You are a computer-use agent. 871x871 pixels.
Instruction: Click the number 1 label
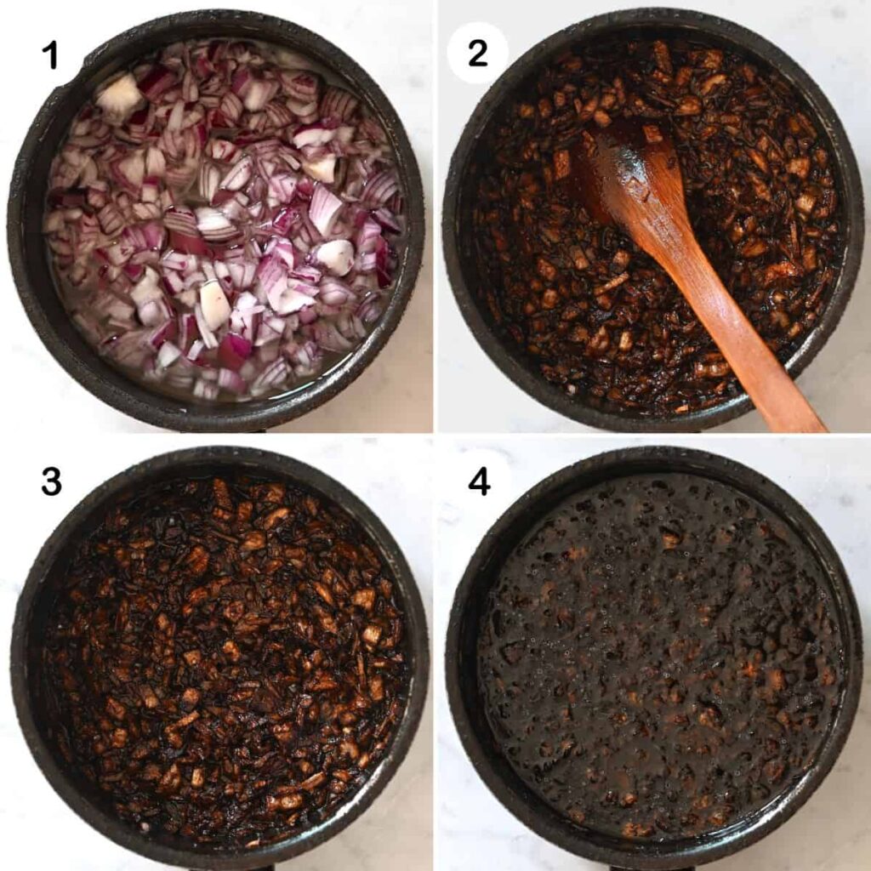coord(50,55)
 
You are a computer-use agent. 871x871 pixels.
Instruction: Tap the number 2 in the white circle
coord(478,54)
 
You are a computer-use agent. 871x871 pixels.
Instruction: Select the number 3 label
coord(51,482)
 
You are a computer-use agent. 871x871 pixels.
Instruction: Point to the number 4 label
coord(479,482)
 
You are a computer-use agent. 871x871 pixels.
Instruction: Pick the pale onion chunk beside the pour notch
coord(119,94)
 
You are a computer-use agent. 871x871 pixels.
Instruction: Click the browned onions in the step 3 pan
coord(222,656)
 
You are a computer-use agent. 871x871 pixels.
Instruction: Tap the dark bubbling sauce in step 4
coord(656,656)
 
